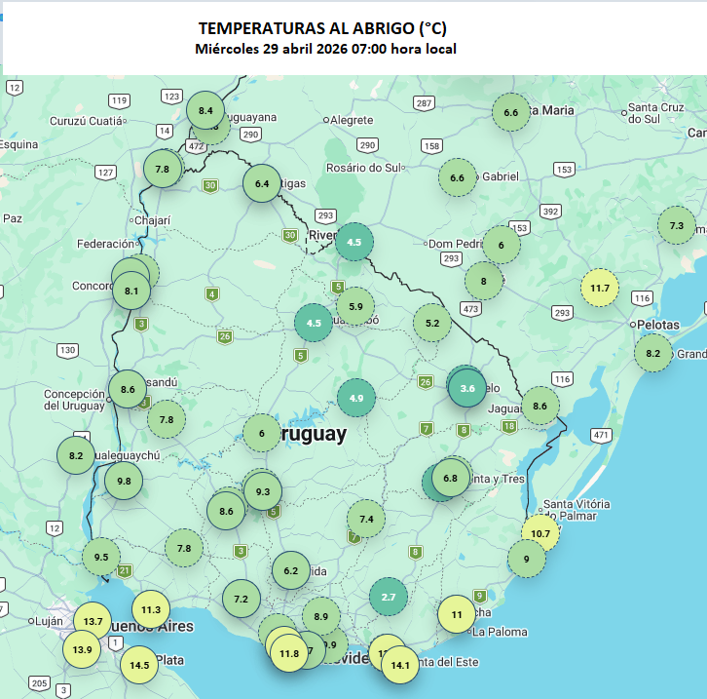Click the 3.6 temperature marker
click(467, 387)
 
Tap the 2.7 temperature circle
click(388, 596)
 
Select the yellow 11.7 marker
click(600, 288)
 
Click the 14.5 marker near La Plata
click(140, 665)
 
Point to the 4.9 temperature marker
click(355, 397)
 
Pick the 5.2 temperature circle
click(432, 323)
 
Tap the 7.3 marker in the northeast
click(676, 225)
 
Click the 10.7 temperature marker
click(540, 533)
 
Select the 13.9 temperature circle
click(82, 649)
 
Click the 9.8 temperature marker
click(124, 481)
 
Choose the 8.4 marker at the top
click(205, 110)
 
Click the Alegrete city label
click(352, 120)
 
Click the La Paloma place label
click(500, 632)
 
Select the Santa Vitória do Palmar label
click(577, 510)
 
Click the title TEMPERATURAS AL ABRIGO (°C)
click(322, 28)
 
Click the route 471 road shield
click(601, 434)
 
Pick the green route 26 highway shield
click(225, 336)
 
